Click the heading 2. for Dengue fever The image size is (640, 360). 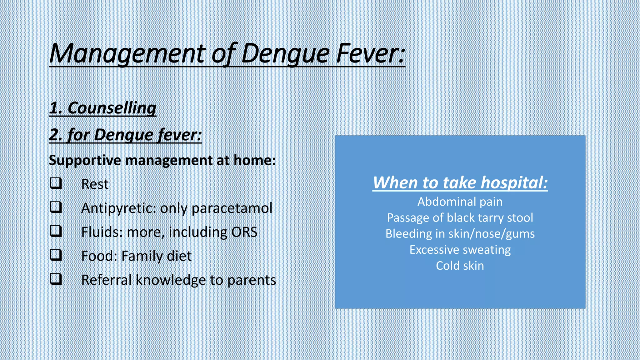point(125,135)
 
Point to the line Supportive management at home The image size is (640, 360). point(162,160)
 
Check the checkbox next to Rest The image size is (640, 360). point(56,183)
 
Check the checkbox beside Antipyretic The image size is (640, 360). point(56,207)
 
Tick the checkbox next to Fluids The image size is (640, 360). point(56,231)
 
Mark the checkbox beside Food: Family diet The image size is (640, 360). point(56,255)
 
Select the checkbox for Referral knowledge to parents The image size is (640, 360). point(56,279)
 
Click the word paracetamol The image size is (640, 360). point(232,208)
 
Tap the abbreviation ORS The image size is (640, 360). point(244,232)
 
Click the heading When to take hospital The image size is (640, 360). point(460,182)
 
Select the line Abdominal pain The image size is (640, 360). point(460,202)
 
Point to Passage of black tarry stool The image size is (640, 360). point(460,218)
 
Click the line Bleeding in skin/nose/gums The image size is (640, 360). point(460,234)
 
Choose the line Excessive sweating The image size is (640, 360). point(460,250)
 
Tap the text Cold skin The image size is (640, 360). point(460,266)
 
